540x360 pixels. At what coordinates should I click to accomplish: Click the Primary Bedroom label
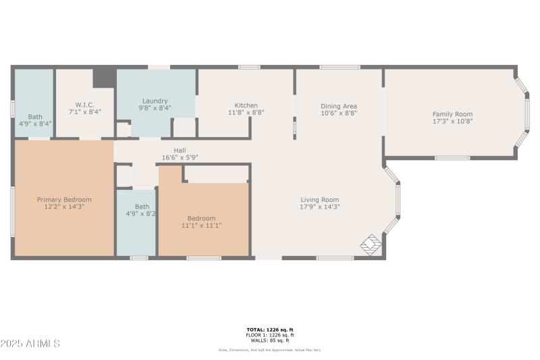point(64,200)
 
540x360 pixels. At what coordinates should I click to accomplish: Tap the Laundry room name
point(155,100)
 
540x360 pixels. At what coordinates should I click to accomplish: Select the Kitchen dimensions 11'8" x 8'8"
point(246,113)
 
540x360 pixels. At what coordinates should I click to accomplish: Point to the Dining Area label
point(338,106)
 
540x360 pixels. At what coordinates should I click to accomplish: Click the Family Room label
point(452,114)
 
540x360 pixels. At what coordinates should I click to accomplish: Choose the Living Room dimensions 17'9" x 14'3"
point(319,207)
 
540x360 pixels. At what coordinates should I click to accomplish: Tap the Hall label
point(179,151)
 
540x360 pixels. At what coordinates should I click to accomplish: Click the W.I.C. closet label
point(84,105)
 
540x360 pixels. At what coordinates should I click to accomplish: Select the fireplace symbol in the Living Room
point(371,245)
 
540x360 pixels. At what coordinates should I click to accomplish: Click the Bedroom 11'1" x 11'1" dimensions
point(201,226)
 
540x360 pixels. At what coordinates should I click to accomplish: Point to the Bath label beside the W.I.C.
point(34,117)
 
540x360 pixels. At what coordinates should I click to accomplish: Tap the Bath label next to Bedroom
point(142,207)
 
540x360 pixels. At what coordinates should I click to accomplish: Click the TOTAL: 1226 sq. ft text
point(269,330)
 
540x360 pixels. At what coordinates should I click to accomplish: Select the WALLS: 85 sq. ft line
point(269,340)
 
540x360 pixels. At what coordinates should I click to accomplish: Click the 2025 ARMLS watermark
point(30,344)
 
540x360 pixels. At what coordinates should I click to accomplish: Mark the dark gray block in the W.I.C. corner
point(103,77)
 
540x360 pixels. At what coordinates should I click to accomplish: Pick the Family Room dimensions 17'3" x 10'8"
point(452,122)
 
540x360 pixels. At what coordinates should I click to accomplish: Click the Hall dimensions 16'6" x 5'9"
point(179,157)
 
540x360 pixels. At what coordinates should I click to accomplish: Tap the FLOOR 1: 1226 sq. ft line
point(269,335)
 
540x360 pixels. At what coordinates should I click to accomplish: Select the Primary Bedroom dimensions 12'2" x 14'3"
point(64,207)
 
